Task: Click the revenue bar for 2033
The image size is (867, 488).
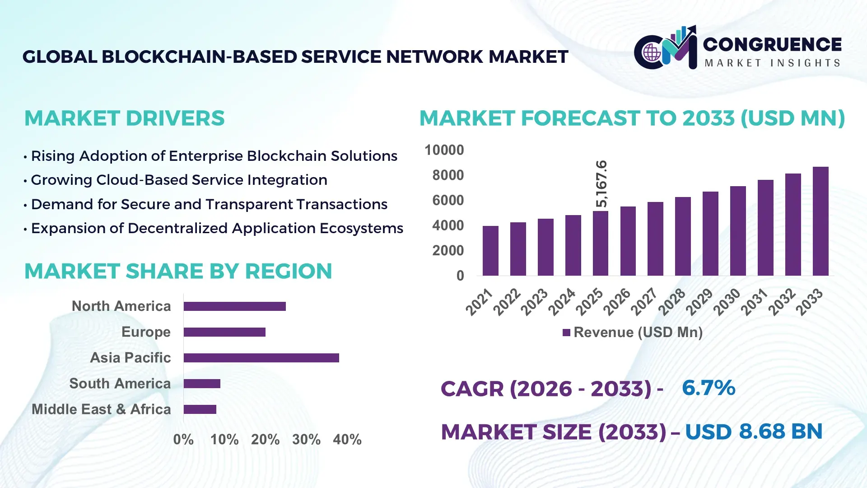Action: tap(820, 221)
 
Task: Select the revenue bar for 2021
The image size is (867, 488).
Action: tap(490, 251)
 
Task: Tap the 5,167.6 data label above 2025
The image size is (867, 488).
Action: tap(601, 184)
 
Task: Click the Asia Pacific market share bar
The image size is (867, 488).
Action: tap(261, 358)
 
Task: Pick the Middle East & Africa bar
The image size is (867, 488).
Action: tap(200, 409)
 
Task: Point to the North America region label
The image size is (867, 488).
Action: tap(121, 306)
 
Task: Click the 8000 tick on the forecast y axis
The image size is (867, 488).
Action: tap(447, 175)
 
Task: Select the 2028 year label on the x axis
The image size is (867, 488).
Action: tap(671, 302)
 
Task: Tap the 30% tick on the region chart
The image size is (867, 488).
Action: tap(306, 439)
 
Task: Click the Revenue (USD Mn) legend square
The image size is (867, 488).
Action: tap(566, 333)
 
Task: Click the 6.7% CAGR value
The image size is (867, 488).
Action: tap(708, 388)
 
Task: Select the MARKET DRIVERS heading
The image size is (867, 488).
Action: tap(124, 118)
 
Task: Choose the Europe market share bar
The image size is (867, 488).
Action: tap(224, 332)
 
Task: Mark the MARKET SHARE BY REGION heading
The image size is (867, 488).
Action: tap(178, 271)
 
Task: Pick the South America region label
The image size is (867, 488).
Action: tap(120, 383)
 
